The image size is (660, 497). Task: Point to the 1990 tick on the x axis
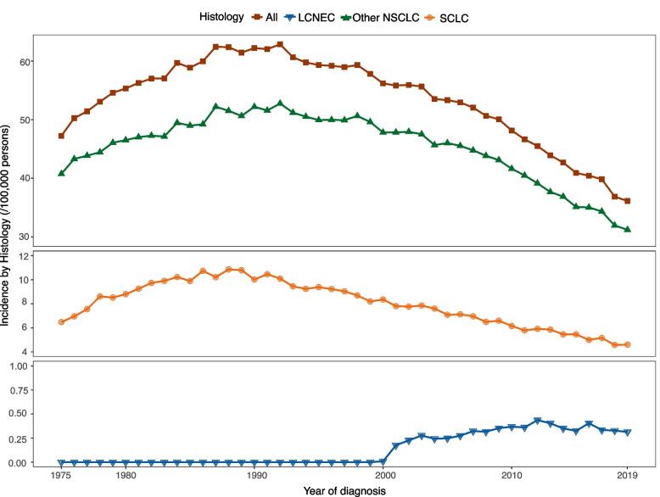coord(254,476)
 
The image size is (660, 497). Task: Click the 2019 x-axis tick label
coord(628,476)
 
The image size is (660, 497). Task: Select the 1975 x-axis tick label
coord(61,476)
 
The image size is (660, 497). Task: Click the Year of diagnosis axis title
coord(344,490)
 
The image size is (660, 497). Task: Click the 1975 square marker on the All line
coord(61,136)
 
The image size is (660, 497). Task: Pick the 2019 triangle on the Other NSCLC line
coord(628,229)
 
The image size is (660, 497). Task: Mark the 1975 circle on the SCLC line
coord(61,322)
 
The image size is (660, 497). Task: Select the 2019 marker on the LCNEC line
coord(628,433)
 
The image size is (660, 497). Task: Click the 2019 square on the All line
coord(628,201)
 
